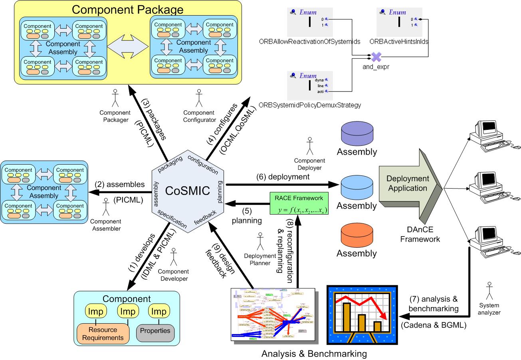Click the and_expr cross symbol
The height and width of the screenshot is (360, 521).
coord(374,57)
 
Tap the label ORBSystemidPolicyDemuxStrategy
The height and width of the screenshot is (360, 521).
coord(309,105)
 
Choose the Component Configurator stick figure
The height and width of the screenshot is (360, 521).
coord(198,98)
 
